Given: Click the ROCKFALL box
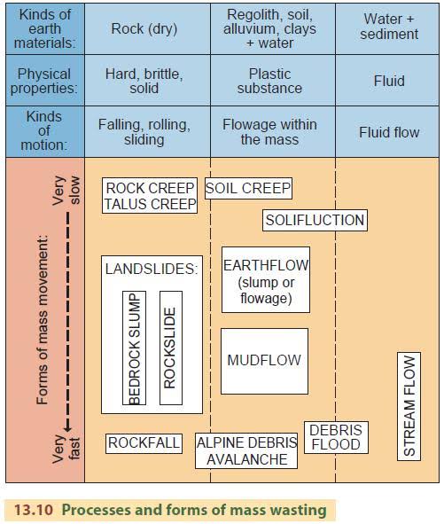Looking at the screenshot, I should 144,442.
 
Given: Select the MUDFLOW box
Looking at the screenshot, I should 264,361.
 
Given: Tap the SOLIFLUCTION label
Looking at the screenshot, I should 315,220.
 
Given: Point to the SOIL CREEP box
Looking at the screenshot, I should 248,188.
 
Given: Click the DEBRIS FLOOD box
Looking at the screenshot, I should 336,437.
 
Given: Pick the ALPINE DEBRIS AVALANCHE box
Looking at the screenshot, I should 247,450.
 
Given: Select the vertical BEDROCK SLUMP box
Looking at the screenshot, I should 135,348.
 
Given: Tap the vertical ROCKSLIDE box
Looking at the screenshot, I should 171,348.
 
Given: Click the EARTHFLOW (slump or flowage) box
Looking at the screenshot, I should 266,280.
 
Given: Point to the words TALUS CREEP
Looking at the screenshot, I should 150,204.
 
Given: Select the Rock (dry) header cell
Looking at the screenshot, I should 144,28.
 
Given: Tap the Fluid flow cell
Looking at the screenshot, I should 387,132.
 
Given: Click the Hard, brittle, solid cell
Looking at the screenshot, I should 144,82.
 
